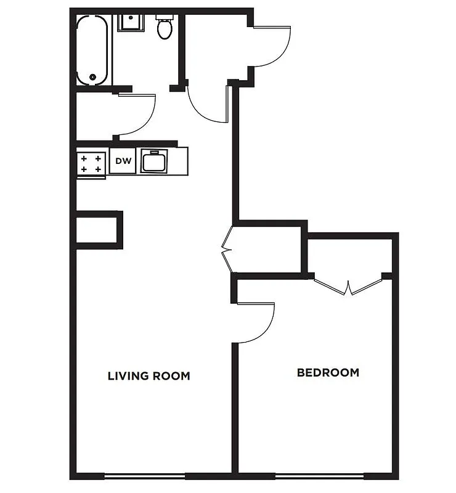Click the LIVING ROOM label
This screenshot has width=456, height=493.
(149, 375)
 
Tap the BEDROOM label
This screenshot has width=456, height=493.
(328, 372)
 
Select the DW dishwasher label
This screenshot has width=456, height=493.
(123, 161)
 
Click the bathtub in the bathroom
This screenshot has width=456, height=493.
(93, 50)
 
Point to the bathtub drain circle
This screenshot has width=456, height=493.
(93, 77)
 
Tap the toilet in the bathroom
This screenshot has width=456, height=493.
(165, 28)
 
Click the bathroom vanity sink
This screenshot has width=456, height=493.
(131, 23)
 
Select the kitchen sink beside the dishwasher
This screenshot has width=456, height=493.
(155, 162)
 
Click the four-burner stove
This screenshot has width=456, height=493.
(91, 163)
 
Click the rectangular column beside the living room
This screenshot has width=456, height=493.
(98, 230)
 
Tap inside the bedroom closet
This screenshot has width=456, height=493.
(349, 256)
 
